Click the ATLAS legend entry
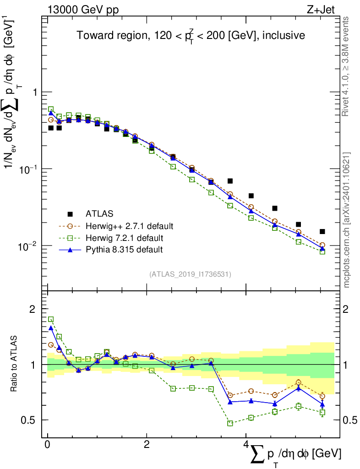(x=99, y=213)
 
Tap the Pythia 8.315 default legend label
(x=124, y=250)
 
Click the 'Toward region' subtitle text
(x=191, y=35)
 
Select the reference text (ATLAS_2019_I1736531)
(x=190, y=274)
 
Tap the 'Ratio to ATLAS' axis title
(x=14, y=364)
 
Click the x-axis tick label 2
(x=147, y=445)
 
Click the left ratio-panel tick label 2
(x=33, y=309)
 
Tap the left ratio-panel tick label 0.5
(x=28, y=420)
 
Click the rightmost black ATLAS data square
(x=322, y=232)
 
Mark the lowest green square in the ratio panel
(x=230, y=423)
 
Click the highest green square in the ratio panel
(x=51, y=319)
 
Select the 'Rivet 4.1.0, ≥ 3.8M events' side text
(x=346, y=66)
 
